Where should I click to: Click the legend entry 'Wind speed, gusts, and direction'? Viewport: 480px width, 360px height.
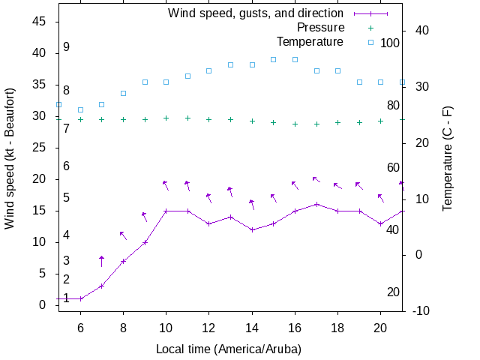[x=255, y=13]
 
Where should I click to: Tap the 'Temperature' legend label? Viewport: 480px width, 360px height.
[x=310, y=41]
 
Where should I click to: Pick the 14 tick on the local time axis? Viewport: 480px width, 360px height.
[x=252, y=328]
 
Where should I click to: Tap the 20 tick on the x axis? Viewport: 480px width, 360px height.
[x=380, y=328]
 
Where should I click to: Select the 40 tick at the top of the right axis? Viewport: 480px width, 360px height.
[x=421, y=30]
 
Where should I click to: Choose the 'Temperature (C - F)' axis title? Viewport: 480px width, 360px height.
[x=448, y=157]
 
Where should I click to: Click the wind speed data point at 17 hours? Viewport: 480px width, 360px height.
[x=316, y=204]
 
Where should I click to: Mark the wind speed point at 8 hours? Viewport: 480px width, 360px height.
[x=123, y=261]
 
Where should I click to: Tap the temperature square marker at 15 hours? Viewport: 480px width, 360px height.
[x=273, y=59]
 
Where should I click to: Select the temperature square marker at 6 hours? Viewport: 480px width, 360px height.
[x=80, y=109]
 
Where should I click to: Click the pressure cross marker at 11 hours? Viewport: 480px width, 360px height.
[x=187, y=118]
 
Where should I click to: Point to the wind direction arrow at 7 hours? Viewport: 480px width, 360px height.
[x=102, y=260]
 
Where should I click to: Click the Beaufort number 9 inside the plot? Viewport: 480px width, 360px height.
[x=67, y=46]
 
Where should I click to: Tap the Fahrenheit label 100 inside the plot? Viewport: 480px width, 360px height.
[x=390, y=43]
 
